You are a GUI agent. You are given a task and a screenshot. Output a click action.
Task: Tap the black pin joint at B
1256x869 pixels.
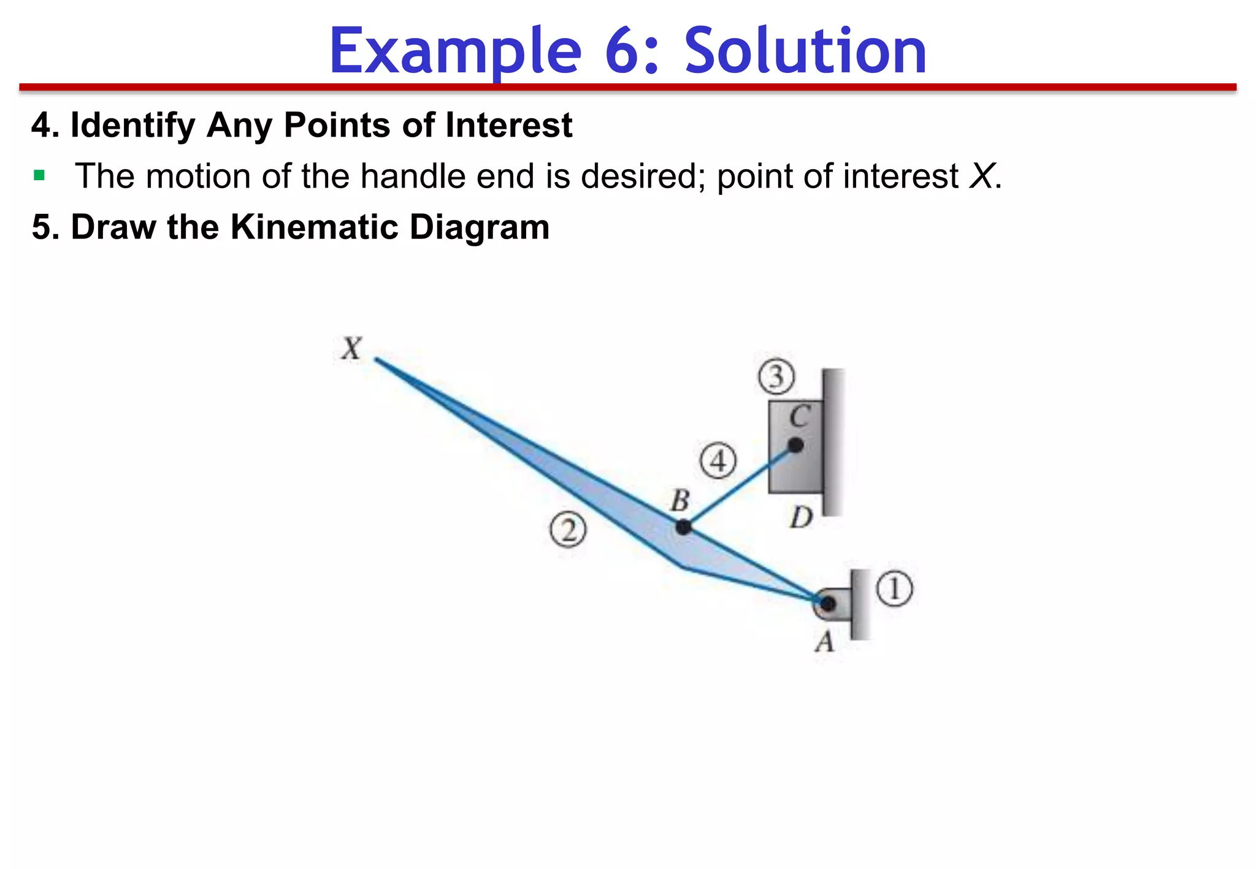(683, 526)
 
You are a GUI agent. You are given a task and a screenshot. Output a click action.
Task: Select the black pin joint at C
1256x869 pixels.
(795, 445)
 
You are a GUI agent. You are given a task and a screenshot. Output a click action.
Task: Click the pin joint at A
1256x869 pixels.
(827, 604)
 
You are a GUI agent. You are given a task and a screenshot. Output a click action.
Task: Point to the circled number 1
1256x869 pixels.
(894, 589)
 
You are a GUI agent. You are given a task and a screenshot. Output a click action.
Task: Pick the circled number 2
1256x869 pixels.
(568, 530)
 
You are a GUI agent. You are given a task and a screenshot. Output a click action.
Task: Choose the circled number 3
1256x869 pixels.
(776, 376)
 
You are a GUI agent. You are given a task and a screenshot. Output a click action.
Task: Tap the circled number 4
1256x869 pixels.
(718, 460)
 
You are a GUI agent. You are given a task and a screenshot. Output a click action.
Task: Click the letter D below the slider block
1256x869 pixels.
(801, 518)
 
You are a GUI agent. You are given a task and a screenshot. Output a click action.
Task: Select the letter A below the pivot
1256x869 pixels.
(825, 642)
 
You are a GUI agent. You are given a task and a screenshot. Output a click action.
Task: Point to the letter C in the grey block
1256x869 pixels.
(800, 417)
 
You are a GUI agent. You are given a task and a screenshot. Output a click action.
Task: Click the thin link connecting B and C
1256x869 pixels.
(740, 486)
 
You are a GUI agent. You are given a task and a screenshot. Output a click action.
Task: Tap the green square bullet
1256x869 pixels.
(40, 176)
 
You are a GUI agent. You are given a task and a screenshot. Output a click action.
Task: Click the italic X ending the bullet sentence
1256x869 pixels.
(981, 176)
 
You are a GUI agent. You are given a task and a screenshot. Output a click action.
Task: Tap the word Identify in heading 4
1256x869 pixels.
(132, 125)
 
